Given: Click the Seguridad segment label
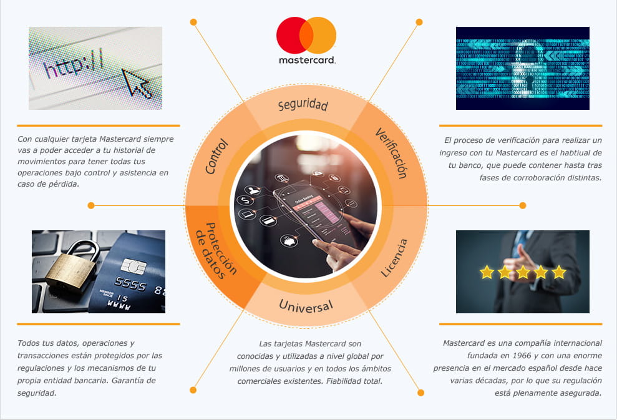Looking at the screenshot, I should coord(303,105).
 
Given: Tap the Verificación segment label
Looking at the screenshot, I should coord(391,153).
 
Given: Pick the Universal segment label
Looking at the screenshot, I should coord(306,305).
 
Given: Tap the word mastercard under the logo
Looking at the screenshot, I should coord(306,61).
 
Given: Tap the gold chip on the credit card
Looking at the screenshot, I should coord(134,266).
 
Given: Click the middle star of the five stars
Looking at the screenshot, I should coord(523,272).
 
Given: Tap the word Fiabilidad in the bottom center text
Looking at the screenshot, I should coord(352,381).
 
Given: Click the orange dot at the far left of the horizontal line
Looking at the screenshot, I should coord(91,205).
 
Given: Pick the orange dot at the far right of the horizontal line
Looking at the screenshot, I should coord(523,205).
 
